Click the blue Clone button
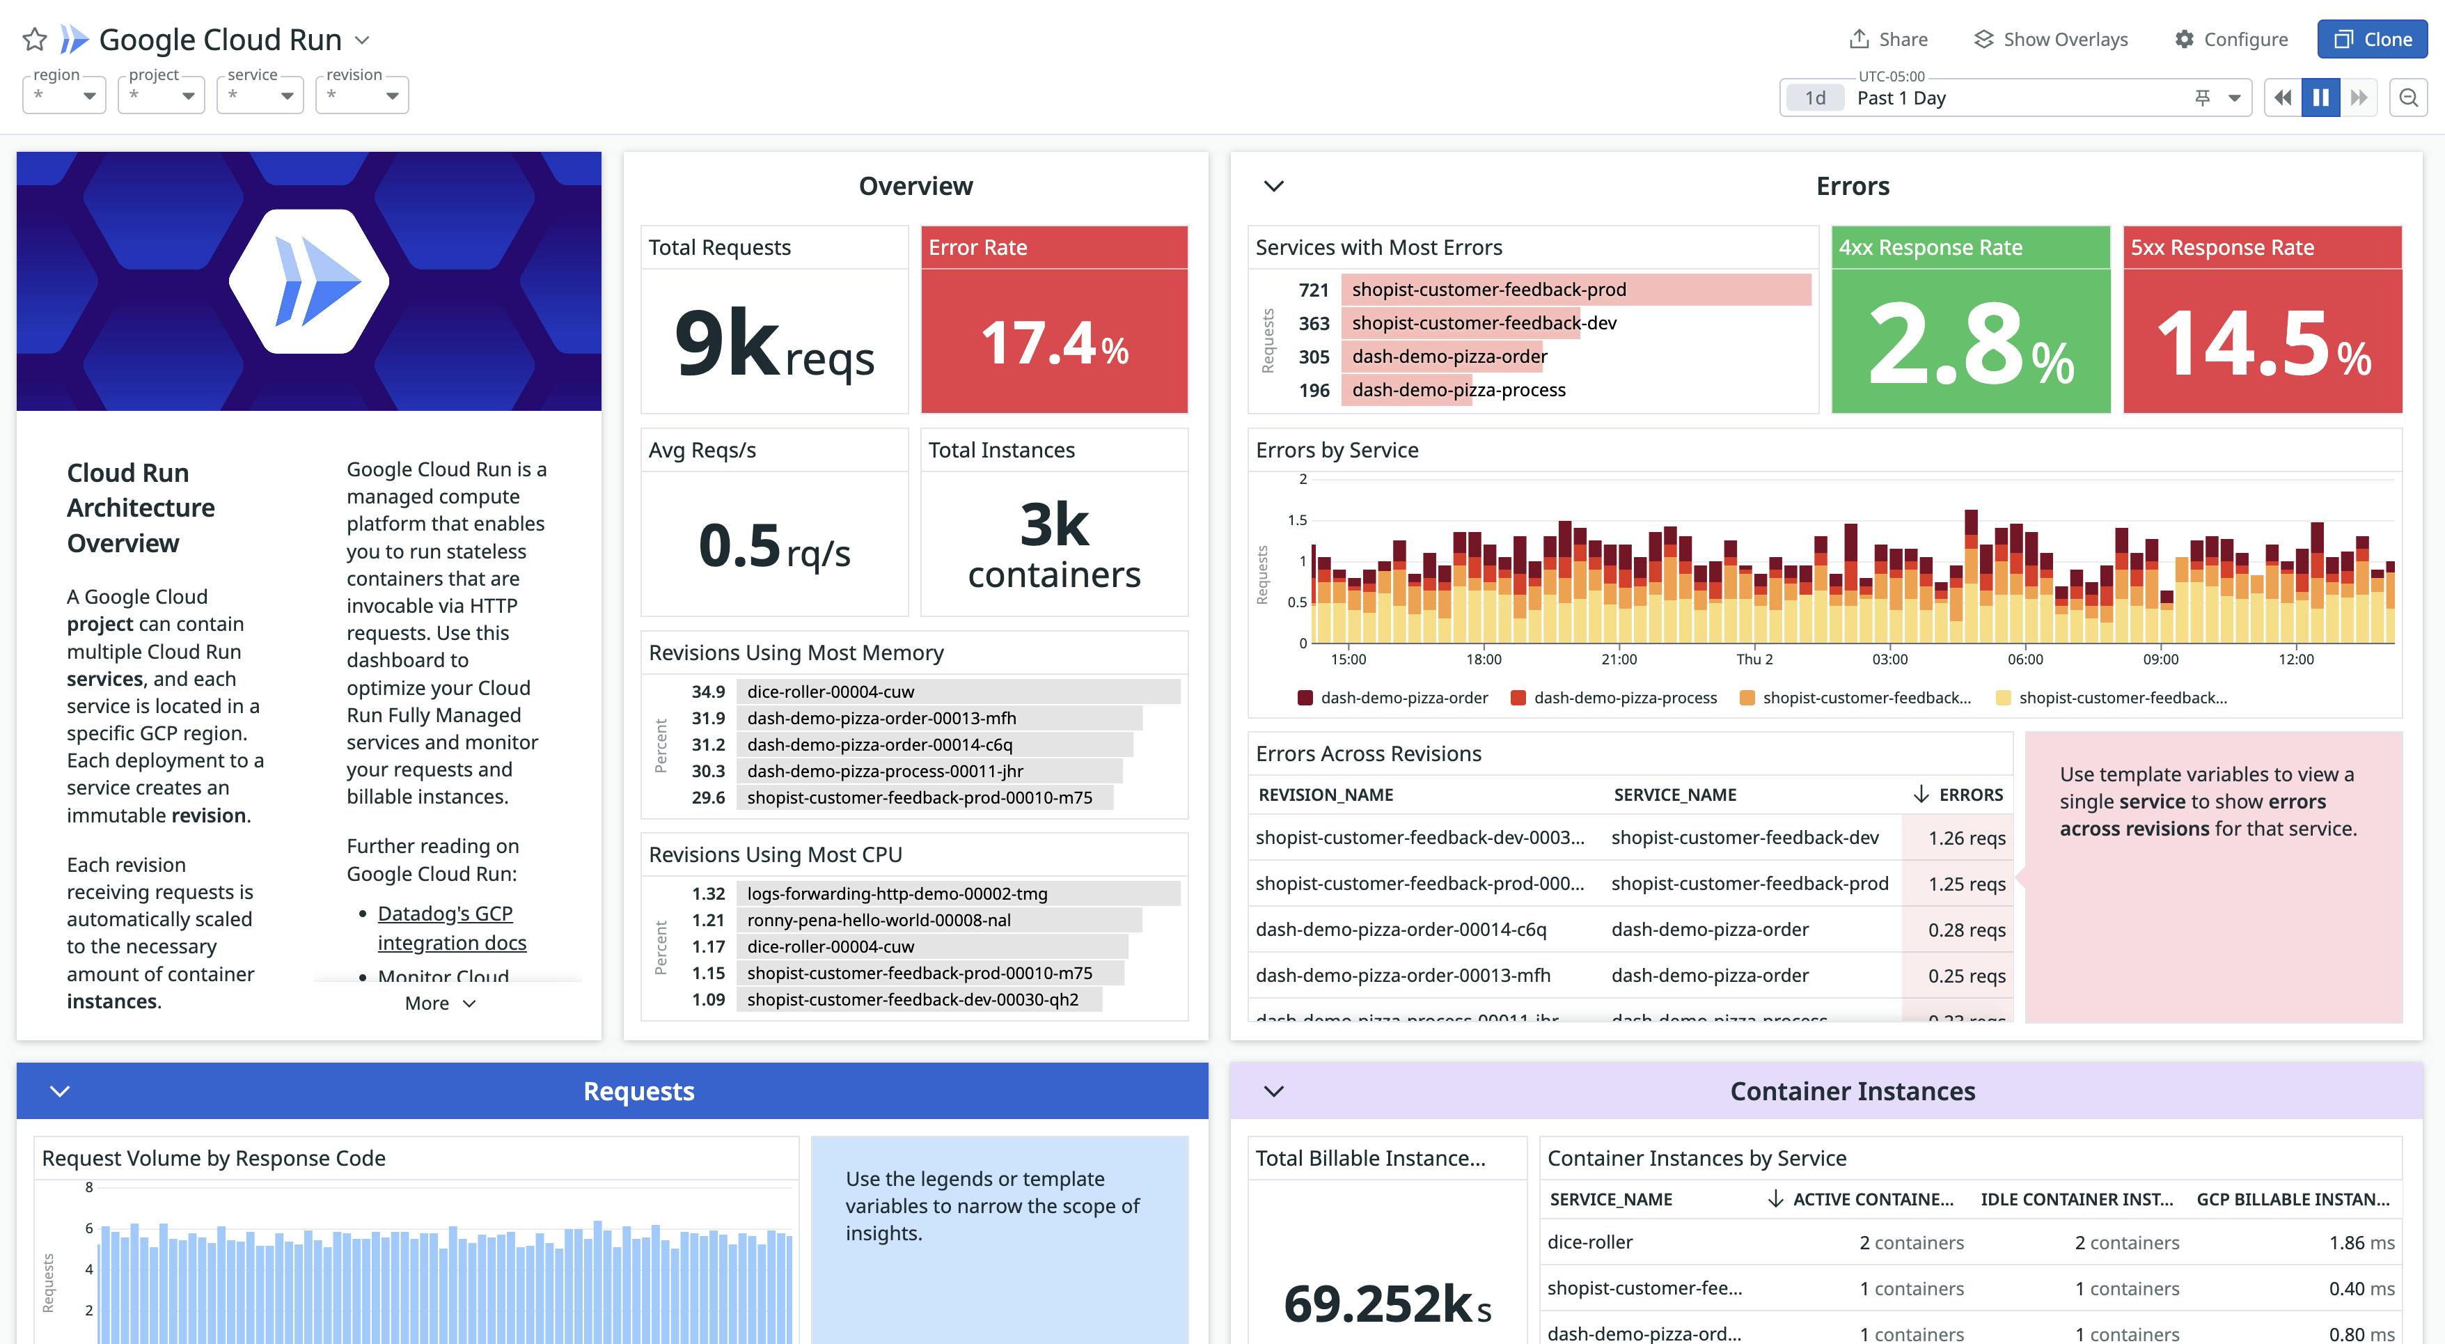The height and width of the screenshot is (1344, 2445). point(2371,39)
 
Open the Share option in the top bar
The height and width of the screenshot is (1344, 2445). point(1889,39)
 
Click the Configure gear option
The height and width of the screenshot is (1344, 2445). point(2231,39)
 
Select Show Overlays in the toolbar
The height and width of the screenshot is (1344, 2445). point(2051,39)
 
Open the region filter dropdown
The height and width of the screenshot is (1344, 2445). point(63,96)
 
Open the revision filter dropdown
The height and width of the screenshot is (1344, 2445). point(361,96)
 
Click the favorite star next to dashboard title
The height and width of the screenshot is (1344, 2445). point(34,39)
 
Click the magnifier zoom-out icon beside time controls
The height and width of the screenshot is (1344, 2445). point(2408,97)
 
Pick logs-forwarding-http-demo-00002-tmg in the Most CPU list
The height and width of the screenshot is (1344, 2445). point(897,893)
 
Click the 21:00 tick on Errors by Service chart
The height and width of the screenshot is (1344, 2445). point(1619,659)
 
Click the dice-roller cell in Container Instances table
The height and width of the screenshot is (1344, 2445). point(1590,1242)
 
